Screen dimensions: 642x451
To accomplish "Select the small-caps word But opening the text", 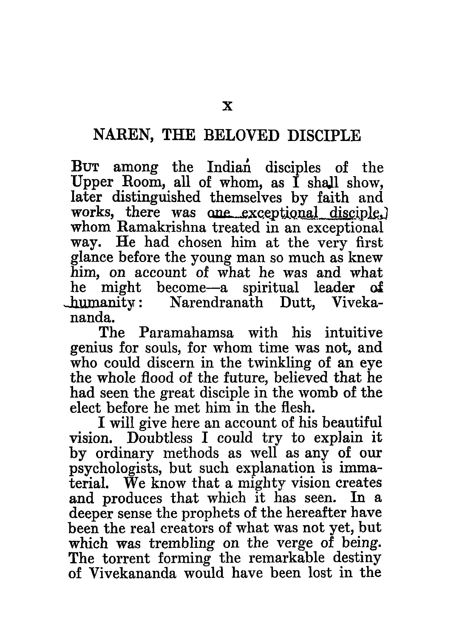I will coord(85,168).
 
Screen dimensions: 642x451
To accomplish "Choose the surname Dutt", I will coord(298,303).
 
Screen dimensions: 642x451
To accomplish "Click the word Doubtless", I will coord(160,438).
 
